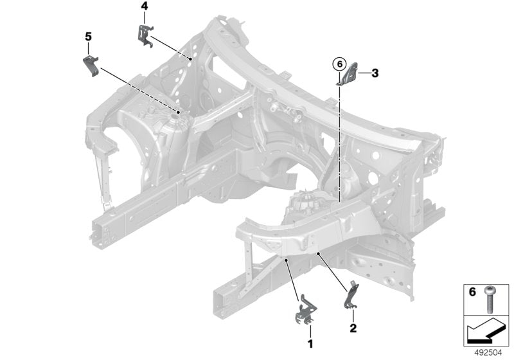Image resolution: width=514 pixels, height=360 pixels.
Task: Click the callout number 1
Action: click(x=310, y=344)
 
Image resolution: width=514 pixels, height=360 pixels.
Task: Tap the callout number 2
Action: click(x=353, y=328)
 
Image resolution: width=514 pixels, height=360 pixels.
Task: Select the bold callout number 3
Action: click(x=375, y=73)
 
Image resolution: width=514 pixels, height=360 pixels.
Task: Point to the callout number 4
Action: click(x=144, y=6)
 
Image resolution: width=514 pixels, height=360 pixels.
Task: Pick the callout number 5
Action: click(x=88, y=37)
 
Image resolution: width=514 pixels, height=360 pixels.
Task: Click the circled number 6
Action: click(x=338, y=64)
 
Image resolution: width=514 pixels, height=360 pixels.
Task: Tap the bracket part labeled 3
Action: click(x=350, y=76)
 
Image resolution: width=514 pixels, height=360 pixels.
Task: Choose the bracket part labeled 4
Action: click(x=145, y=34)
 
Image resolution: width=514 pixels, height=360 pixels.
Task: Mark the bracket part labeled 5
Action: click(x=91, y=66)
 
